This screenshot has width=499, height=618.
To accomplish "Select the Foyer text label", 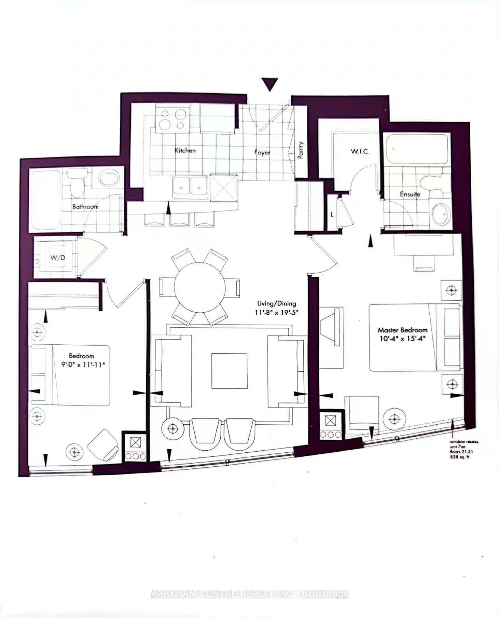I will click(x=262, y=152).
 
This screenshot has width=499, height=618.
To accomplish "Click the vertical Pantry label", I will click(x=301, y=150).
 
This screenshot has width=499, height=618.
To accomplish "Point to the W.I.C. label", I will click(x=360, y=152).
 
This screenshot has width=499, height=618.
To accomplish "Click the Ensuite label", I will click(x=410, y=194).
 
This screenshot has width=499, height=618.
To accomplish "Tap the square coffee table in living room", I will click(x=229, y=371).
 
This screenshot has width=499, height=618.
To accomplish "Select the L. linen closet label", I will click(x=333, y=214).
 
